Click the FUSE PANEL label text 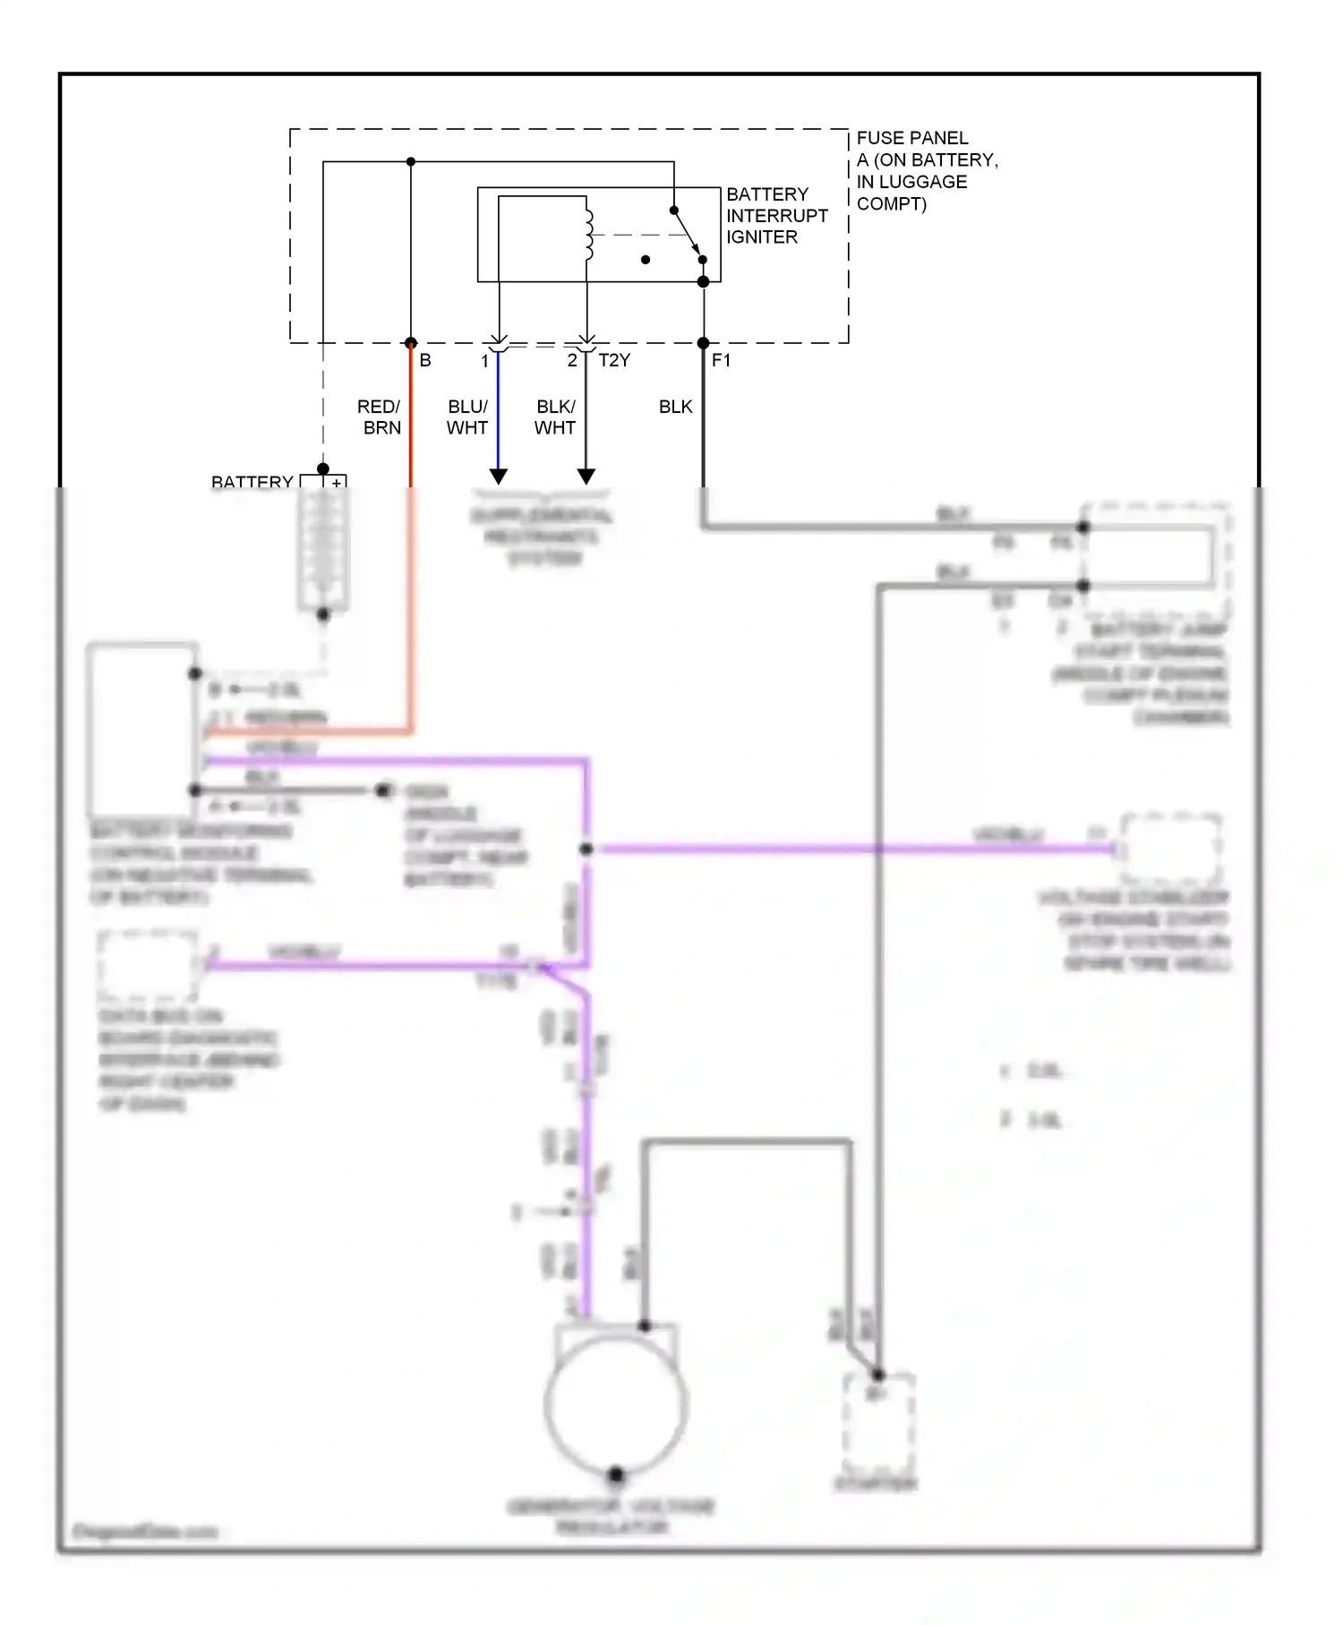pos(912,138)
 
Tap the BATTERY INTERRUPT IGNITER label pos(776,216)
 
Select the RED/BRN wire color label pos(380,417)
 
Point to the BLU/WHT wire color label pos(467,417)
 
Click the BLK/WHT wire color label pos(555,417)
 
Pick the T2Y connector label pos(614,361)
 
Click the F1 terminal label pos(721,361)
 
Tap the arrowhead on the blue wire pos(499,476)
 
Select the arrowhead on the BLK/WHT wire pos(586,476)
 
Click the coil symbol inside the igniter pos(588,235)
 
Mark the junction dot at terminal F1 pos(703,343)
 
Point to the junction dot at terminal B pos(411,343)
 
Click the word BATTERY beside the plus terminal pos(252,482)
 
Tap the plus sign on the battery pos(337,483)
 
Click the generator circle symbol pos(616,1406)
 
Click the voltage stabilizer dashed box pos(1170,848)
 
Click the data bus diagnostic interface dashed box pos(147,966)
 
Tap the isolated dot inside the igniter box pos(646,260)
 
